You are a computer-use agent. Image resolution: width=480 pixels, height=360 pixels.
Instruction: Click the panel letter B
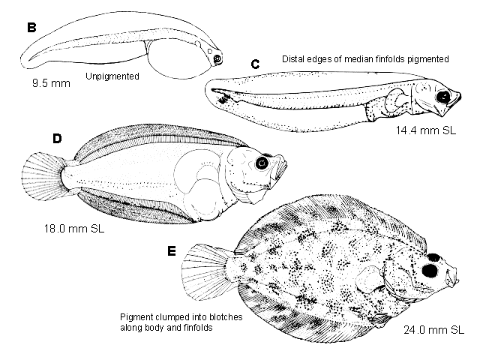click(31, 27)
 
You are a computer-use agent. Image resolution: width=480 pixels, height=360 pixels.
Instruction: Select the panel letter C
click(255, 64)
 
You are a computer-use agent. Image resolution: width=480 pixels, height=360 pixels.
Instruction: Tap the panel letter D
click(57, 139)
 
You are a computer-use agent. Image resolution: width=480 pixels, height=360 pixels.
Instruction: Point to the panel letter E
click(172, 251)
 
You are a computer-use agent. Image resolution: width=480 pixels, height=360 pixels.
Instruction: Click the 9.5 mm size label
click(51, 83)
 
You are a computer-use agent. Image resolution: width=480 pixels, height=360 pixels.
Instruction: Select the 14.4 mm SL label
click(426, 130)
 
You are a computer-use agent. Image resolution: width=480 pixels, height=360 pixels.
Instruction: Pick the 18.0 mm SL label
click(74, 228)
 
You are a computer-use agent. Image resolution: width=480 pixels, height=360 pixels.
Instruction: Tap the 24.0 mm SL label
click(433, 330)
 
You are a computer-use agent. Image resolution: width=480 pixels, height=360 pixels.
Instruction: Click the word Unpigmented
click(112, 76)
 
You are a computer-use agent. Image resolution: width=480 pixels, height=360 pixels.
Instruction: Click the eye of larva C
click(443, 97)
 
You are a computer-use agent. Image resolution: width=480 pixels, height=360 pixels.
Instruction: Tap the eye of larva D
click(262, 163)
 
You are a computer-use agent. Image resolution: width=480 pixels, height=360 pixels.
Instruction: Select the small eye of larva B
click(217, 58)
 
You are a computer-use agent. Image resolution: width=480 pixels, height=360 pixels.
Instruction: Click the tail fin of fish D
click(43, 177)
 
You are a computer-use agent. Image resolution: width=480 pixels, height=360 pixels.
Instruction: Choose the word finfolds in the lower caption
click(198, 328)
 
